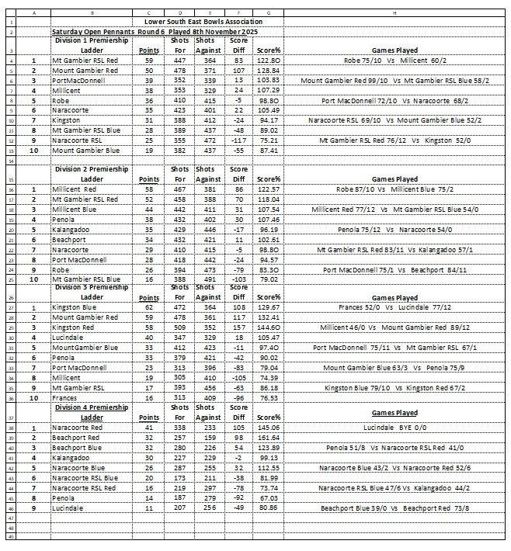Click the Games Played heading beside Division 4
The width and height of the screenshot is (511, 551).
[395, 414]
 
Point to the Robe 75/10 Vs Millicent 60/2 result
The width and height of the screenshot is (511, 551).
[395, 59]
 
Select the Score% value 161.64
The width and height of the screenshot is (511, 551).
[269, 438]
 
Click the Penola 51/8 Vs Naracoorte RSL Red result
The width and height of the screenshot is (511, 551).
[395, 448]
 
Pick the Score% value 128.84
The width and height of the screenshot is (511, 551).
[269, 70]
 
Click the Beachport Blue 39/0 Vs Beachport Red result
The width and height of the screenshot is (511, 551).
[395, 508]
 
